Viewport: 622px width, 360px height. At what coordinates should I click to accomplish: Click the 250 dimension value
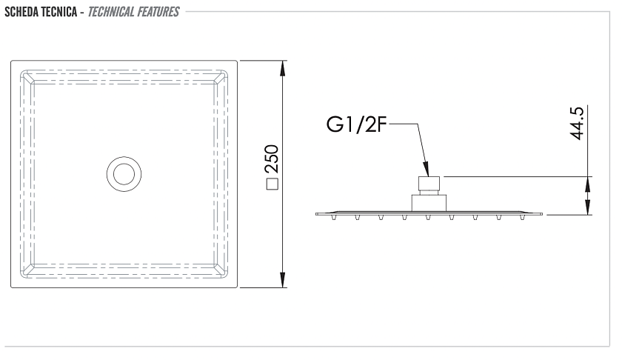coord(272,159)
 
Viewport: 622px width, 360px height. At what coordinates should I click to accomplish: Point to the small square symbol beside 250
coord(272,184)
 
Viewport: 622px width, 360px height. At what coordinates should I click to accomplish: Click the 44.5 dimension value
coord(577,123)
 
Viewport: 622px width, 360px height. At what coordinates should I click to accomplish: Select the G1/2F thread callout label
coord(356,124)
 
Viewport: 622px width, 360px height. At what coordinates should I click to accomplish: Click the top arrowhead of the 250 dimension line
coord(282,68)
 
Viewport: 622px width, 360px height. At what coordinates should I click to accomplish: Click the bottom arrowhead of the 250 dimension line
coord(282,280)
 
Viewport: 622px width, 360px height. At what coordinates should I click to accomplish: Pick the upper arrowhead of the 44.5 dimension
coord(587,184)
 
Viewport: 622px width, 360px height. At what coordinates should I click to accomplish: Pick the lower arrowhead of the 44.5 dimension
coord(587,207)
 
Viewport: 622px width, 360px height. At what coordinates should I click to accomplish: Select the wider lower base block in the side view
coord(429,203)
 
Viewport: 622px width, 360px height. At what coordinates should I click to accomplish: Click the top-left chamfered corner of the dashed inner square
coord(27,77)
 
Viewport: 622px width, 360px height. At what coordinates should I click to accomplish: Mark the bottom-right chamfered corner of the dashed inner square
coord(221,270)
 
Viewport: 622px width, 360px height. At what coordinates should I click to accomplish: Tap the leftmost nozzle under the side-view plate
coord(334,217)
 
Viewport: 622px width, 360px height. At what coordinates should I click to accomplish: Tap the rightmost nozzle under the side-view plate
coord(521,217)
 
